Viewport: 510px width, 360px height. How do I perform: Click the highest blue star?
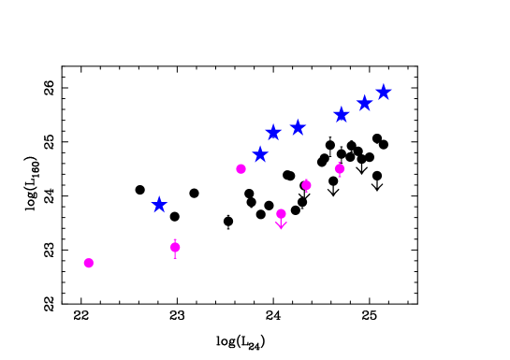[384, 92]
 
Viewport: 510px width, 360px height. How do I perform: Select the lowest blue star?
[160, 205]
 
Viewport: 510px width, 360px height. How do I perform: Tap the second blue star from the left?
[261, 154]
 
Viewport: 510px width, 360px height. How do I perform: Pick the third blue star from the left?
[273, 132]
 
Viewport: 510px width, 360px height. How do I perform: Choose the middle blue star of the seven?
[298, 127]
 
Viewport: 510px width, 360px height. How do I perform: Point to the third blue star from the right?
[342, 114]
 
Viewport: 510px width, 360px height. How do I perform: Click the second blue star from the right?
[365, 103]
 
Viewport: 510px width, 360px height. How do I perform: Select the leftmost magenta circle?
[89, 263]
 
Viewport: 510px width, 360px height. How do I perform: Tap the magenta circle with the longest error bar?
[175, 247]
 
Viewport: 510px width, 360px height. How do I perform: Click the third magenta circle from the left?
[241, 169]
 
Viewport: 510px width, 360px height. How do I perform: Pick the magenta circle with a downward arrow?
[281, 214]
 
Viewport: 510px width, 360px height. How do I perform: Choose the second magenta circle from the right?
[306, 185]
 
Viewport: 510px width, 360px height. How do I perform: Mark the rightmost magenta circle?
[340, 169]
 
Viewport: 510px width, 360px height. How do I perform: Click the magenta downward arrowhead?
[281, 225]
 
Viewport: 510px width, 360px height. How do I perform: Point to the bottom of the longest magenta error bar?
[175, 258]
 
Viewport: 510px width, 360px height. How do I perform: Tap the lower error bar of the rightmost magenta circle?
[340, 176]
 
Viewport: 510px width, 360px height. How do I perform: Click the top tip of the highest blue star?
[384, 83]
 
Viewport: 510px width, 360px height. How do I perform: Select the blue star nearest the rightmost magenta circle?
[342, 114]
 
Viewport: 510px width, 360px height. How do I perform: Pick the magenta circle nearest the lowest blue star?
[175, 247]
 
